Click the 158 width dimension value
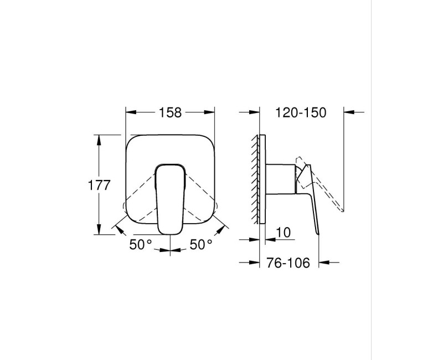(x=170, y=112)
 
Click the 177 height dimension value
(x=99, y=185)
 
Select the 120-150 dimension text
(x=301, y=112)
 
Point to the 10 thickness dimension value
(x=282, y=233)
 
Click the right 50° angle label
(x=201, y=244)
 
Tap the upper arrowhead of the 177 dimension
(x=99, y=140)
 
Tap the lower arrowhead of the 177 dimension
(x=99, y=229)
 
